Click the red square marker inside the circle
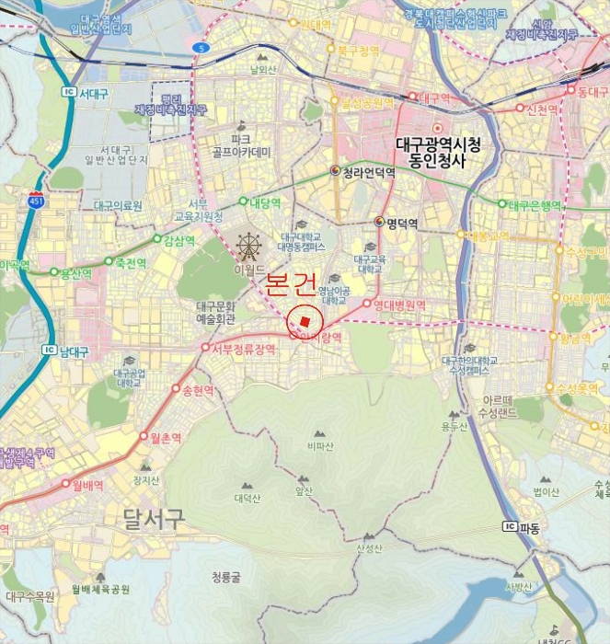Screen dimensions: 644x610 click(305, 319)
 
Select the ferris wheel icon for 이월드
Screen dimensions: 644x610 click(247, 246)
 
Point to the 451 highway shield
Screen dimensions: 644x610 click(36, 201)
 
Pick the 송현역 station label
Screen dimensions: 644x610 click(199, 390)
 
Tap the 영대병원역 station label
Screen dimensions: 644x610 click(400, 305)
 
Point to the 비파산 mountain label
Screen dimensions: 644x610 click(319, 445)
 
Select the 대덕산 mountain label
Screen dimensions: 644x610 click(247, 499)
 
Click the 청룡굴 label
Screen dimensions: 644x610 click(225, 578)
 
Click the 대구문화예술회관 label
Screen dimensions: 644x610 click(216, 312)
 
